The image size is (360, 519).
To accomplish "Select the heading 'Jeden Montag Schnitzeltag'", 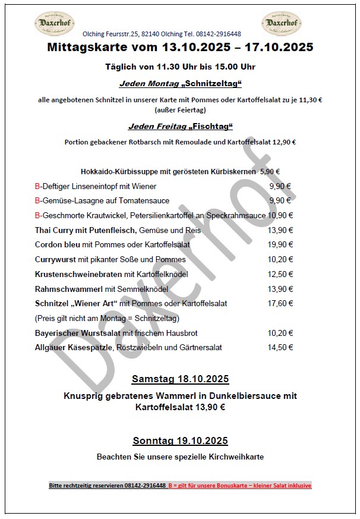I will point(180,84).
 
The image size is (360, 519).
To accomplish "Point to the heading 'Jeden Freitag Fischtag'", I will point(180,127).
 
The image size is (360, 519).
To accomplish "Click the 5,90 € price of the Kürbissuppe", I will point(270,171).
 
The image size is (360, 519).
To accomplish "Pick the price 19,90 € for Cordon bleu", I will point(280,244).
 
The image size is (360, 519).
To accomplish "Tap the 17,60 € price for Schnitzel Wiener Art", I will point(280,303).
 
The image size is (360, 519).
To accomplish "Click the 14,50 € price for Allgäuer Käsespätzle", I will point(280,347).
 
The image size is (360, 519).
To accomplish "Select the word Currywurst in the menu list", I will point(55,259).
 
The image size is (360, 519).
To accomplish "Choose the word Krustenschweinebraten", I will point(78,274).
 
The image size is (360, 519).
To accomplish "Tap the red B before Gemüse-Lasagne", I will point(37,201).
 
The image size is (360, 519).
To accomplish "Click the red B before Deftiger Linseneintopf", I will point(37,186).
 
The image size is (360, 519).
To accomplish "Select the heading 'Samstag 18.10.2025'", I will point(180,379).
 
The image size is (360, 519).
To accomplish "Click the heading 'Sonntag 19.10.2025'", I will point(180,441).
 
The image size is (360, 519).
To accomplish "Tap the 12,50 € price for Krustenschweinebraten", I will point(280,274).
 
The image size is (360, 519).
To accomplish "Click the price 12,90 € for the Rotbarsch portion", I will point(284,142).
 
